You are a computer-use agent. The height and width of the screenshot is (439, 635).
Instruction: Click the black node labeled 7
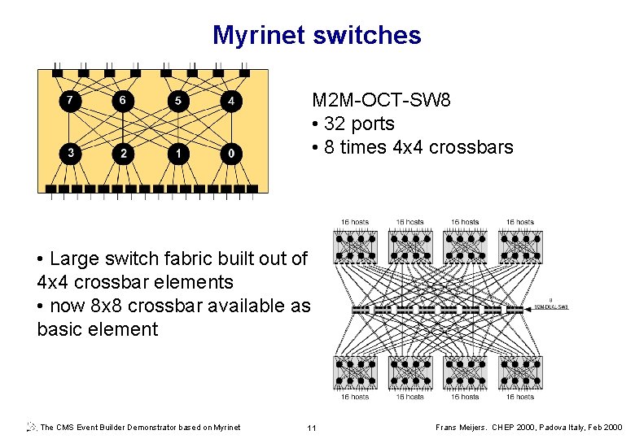71,101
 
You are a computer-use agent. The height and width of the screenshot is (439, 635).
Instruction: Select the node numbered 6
123,101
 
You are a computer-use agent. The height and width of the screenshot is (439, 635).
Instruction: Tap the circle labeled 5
177,101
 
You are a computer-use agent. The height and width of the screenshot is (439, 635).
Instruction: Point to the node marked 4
232,101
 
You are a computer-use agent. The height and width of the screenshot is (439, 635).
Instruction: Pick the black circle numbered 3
71,152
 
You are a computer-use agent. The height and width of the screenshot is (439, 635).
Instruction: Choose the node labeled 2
124,152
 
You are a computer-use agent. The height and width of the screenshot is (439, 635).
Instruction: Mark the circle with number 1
177,152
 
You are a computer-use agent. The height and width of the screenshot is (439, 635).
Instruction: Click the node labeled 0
232,152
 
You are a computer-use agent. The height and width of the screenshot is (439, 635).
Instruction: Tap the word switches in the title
368,35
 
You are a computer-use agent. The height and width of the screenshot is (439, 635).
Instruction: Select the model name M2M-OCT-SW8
381,100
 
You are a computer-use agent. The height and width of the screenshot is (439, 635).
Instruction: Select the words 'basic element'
97,329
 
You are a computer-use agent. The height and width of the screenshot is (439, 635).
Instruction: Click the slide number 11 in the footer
311,428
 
